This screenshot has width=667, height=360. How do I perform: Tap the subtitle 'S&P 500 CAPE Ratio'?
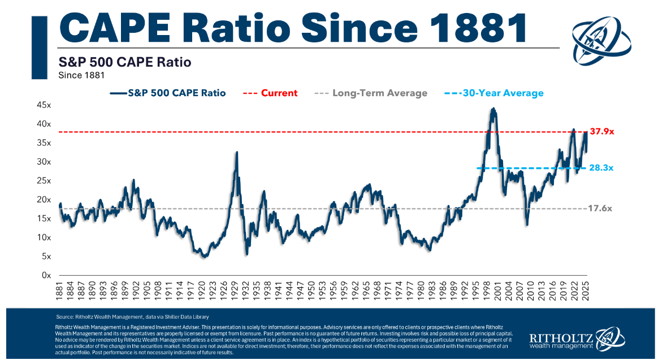pos(125,62)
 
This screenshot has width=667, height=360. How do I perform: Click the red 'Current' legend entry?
pos(279,93)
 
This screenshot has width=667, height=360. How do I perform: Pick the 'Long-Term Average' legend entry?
pos(379,93)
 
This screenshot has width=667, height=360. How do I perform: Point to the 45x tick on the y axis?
pos(44,105)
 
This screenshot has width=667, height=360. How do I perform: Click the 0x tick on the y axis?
pos(46,275)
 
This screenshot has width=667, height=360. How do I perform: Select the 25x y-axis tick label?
pos(44,180)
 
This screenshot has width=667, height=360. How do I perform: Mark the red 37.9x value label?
pos(601,132)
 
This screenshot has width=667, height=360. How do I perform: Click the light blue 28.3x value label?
pos(601,168)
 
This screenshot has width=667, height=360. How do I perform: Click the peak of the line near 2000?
pos(493,109)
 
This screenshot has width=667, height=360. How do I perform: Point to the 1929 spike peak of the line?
pos(236,152)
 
